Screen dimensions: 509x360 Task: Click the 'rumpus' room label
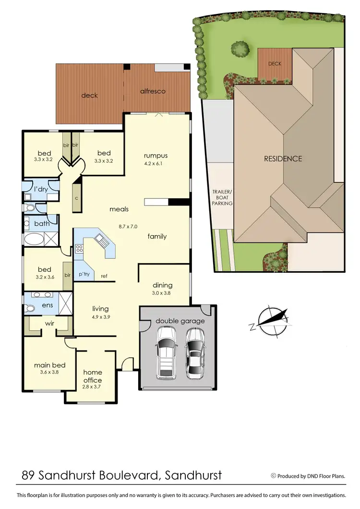coord(155,156)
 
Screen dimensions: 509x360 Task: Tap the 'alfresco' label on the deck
coord(153,91)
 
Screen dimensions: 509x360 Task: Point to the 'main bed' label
coord(49,365)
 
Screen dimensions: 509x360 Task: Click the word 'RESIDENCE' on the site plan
coord(283,158)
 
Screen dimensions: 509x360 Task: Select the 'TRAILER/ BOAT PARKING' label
coord(223,197)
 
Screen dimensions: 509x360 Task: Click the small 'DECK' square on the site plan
coord(275,63)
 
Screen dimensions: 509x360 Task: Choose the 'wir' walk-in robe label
coord(49,324)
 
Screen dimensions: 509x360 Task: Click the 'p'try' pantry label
coord(84,274)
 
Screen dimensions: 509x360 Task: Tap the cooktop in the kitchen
coord(79,250)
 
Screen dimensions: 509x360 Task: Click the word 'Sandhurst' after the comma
coord(193,475)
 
